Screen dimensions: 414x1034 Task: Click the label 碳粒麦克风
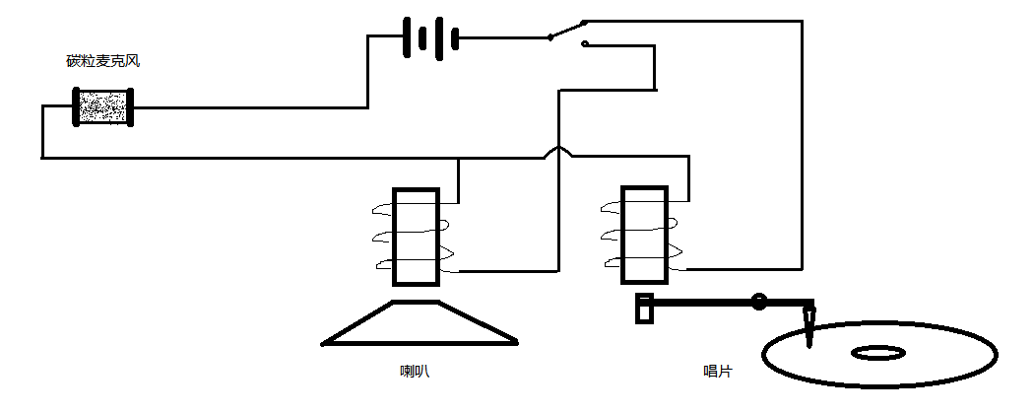point(103,61)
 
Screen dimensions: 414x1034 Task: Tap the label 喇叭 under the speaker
point(415,372)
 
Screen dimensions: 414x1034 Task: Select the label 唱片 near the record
point(717,372)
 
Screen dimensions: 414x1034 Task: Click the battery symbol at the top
point(430,38)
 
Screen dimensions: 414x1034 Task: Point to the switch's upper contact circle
point(584,23)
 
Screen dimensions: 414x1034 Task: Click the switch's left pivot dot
point(550,38)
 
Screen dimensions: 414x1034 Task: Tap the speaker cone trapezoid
point(420,325)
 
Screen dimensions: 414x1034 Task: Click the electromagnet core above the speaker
point(416,237)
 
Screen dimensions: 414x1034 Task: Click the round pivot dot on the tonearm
point(759,302)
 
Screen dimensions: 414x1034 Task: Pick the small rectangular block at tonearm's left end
point(645,308)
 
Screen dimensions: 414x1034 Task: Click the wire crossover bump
point(558,151)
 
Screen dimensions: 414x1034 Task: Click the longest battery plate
point(405,38)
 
